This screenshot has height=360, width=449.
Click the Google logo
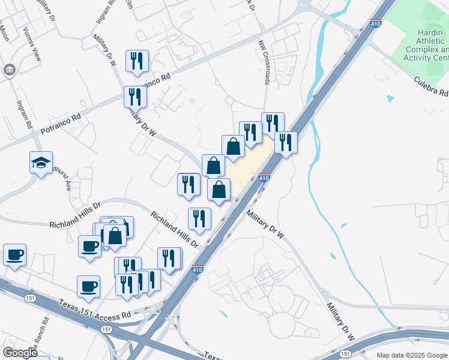click(x=20, y=353)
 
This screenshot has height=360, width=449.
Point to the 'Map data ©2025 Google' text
click(x=412, y=355)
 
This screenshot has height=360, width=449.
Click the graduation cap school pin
click(x=41, y=163)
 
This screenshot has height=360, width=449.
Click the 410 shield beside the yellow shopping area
click(x=264, y=178)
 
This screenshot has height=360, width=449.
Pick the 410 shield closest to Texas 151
click(x=197, y=270)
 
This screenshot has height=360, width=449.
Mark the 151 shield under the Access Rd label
click(x=106, y=329)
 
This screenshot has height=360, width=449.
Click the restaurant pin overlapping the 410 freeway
click(x=286, y=143)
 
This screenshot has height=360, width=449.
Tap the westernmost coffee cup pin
click(x=14, y=254)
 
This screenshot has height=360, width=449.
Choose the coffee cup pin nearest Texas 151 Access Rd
click(x=88, y=286)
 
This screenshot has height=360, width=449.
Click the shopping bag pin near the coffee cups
click(x=115, y=236)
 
